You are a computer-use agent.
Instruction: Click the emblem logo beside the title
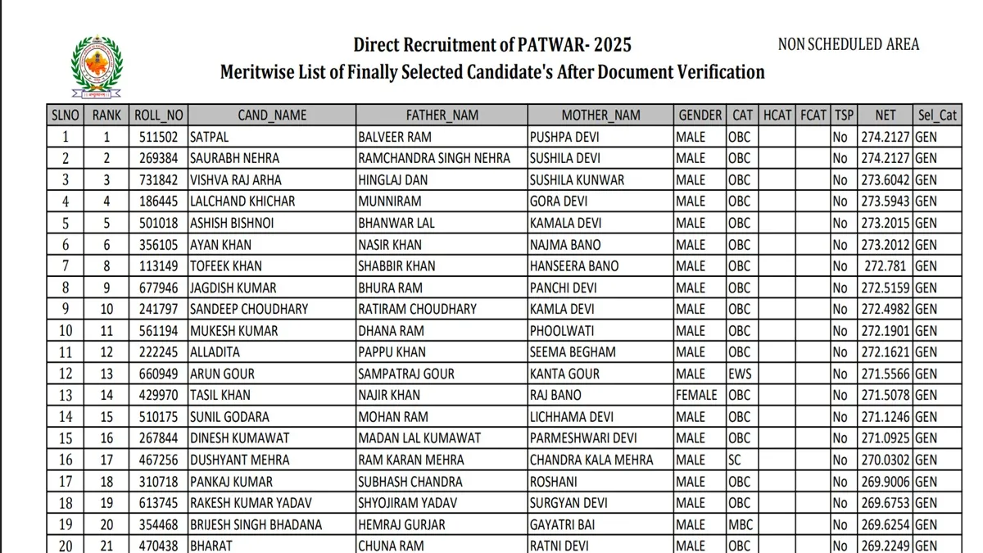point(97,66)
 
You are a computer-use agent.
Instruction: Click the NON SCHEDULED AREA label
point(848,44)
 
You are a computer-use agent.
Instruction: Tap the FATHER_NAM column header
point(442,116)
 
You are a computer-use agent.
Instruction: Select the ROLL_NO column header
point(159,116)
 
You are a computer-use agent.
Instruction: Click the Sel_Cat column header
point(937,116)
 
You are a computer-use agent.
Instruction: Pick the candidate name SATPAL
point(208,137)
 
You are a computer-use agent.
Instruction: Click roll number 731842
point(159,179)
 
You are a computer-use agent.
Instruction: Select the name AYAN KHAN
point(221,244)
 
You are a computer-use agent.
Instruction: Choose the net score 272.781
point(886,266)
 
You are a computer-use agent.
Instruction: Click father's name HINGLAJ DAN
point(393,179)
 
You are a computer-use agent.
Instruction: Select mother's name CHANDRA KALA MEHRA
point(591,460)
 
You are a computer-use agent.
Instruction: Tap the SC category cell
point(735,460)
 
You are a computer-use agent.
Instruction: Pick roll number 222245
point(159,352)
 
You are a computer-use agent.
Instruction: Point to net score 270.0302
point(885,460)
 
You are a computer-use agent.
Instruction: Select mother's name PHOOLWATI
point(562,331)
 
